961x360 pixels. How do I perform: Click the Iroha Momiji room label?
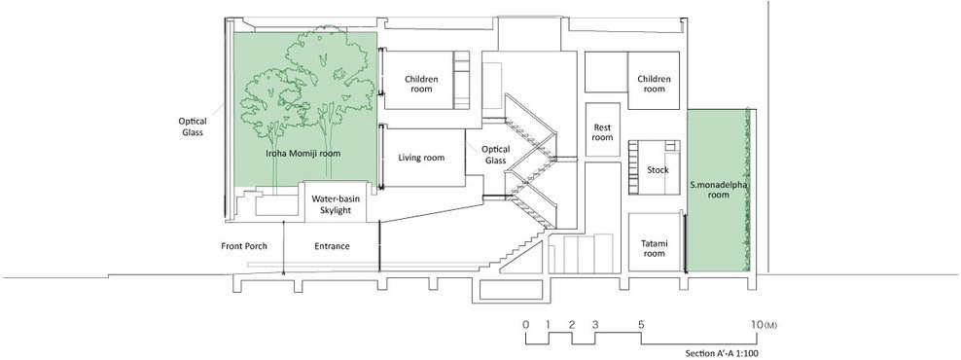click(303, 153)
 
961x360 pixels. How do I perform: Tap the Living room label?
click(421, 158)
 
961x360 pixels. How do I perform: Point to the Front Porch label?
click(244, 246)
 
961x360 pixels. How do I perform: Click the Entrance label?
click(333, 246)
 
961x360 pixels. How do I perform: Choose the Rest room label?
click(602, 132)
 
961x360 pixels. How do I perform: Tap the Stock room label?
click(658, 170)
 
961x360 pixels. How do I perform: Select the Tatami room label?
click(654, 248)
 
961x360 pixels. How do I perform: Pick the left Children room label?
click(422, 84)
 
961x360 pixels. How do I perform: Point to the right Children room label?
click(654, 84)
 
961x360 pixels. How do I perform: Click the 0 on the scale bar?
click(526, 324)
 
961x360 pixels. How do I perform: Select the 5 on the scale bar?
click(641, 324)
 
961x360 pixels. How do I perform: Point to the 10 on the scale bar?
click(758, 324)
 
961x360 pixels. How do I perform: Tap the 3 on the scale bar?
click(595, 324)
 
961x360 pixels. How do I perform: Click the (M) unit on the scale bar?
click(771, 324)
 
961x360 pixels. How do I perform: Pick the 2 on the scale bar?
click(572, 324)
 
